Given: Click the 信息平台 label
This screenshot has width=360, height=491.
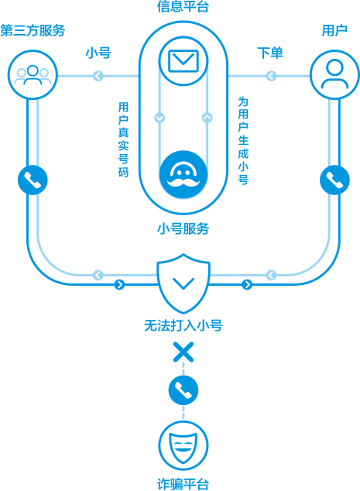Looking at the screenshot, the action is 183,6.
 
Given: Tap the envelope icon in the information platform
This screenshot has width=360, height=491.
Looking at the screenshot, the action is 183,60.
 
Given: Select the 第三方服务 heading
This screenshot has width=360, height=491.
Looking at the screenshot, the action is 33,31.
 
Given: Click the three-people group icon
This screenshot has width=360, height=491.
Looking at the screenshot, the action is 33,75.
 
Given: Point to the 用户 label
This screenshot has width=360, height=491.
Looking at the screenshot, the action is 334,31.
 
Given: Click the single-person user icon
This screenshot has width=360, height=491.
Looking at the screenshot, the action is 334,75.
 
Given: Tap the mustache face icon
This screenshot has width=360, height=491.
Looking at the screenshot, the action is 183,174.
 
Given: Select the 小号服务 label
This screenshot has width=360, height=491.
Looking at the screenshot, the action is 183,228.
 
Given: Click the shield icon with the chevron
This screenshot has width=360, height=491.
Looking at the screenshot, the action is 183,283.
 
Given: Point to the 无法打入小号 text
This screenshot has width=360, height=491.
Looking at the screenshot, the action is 183,326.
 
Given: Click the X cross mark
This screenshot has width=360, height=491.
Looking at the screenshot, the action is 183,352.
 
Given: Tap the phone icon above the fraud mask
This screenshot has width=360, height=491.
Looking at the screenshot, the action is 183,390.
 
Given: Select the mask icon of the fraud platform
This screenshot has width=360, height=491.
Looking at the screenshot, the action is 183,446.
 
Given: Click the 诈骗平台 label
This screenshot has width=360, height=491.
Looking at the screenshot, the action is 183,484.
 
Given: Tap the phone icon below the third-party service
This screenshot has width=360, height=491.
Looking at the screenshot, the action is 33,180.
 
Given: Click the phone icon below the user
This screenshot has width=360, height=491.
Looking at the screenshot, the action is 334,180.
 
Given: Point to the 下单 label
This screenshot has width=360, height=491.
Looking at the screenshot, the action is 270,53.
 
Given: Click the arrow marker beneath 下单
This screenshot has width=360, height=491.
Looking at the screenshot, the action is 271,76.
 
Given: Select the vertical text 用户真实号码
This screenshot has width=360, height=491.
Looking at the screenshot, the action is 123,139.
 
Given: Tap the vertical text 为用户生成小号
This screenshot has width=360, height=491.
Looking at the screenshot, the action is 243,141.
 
